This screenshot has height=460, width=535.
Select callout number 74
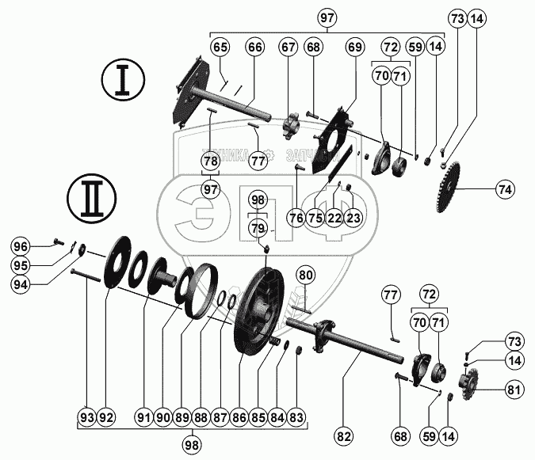click(504, 189)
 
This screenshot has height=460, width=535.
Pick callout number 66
click(254, 47)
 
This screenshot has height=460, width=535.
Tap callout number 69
click(353, 47)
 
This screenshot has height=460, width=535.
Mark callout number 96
click(20, 246)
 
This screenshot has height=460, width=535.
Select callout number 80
click(306, 275)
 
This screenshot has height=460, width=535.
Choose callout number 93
click(87, 416)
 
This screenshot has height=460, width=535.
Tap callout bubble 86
click(239, 416)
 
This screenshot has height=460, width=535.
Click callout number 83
click(296, 416)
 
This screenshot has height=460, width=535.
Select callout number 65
click(220, 47)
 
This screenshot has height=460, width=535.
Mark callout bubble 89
click(182, 416)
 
